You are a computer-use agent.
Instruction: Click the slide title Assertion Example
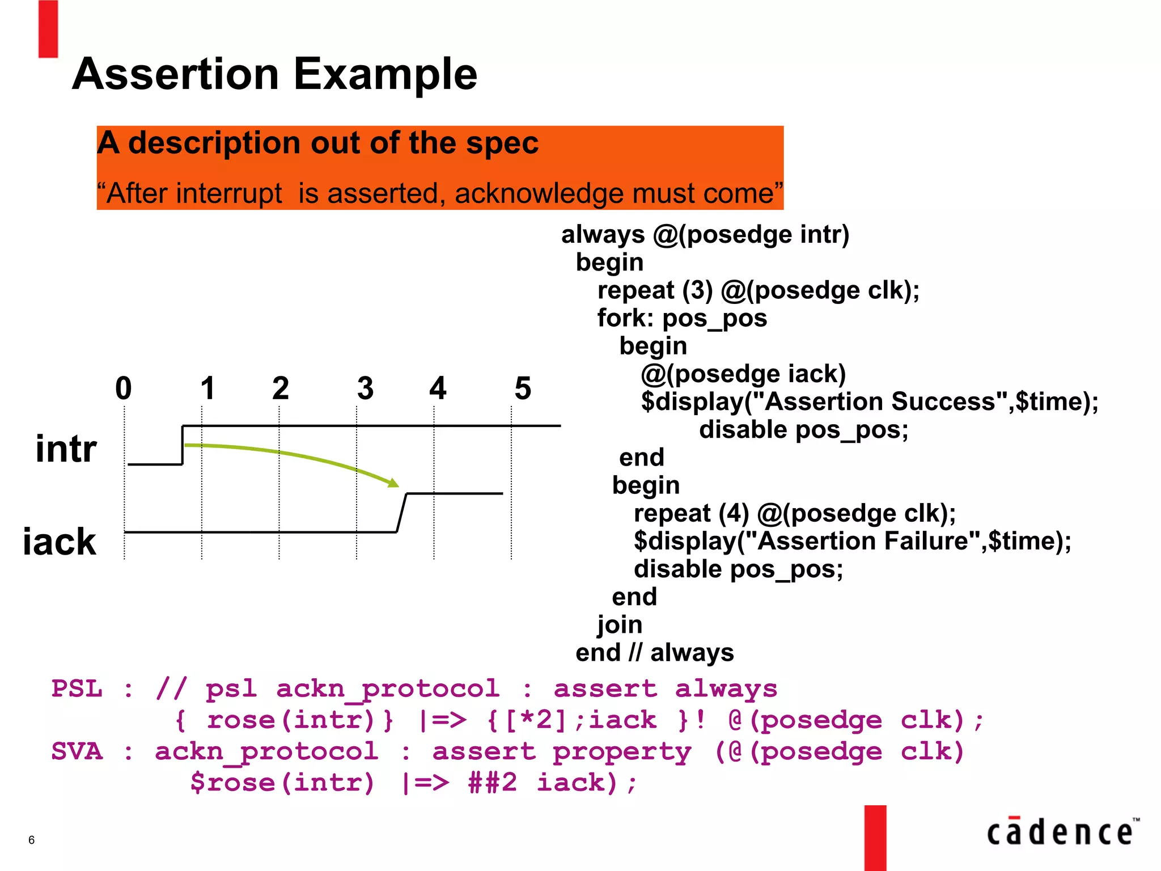[274, 74]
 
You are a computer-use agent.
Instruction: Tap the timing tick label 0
[123, 388]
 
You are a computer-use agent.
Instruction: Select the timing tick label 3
[365, 388]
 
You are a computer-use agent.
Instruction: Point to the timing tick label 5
[522, 388]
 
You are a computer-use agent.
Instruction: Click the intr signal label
[66, 449]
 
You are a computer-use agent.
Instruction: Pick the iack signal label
[60, 542]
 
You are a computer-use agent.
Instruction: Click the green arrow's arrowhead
[393, 483]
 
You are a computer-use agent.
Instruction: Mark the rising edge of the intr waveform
[183, 445]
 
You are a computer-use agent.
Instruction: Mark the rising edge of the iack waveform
[401, 513]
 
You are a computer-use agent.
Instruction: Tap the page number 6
[31, 840]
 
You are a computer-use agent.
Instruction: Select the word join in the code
[619, 624]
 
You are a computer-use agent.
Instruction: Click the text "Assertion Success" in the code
[880, 401]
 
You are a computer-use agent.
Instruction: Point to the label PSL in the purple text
[77, 689]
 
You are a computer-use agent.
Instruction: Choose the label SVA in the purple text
[77, 751]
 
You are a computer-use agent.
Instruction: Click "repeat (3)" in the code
[655, 290]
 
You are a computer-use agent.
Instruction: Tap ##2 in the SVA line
[492, 783]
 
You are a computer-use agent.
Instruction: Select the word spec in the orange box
[502, 143]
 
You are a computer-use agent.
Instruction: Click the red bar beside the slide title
[48, 29]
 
